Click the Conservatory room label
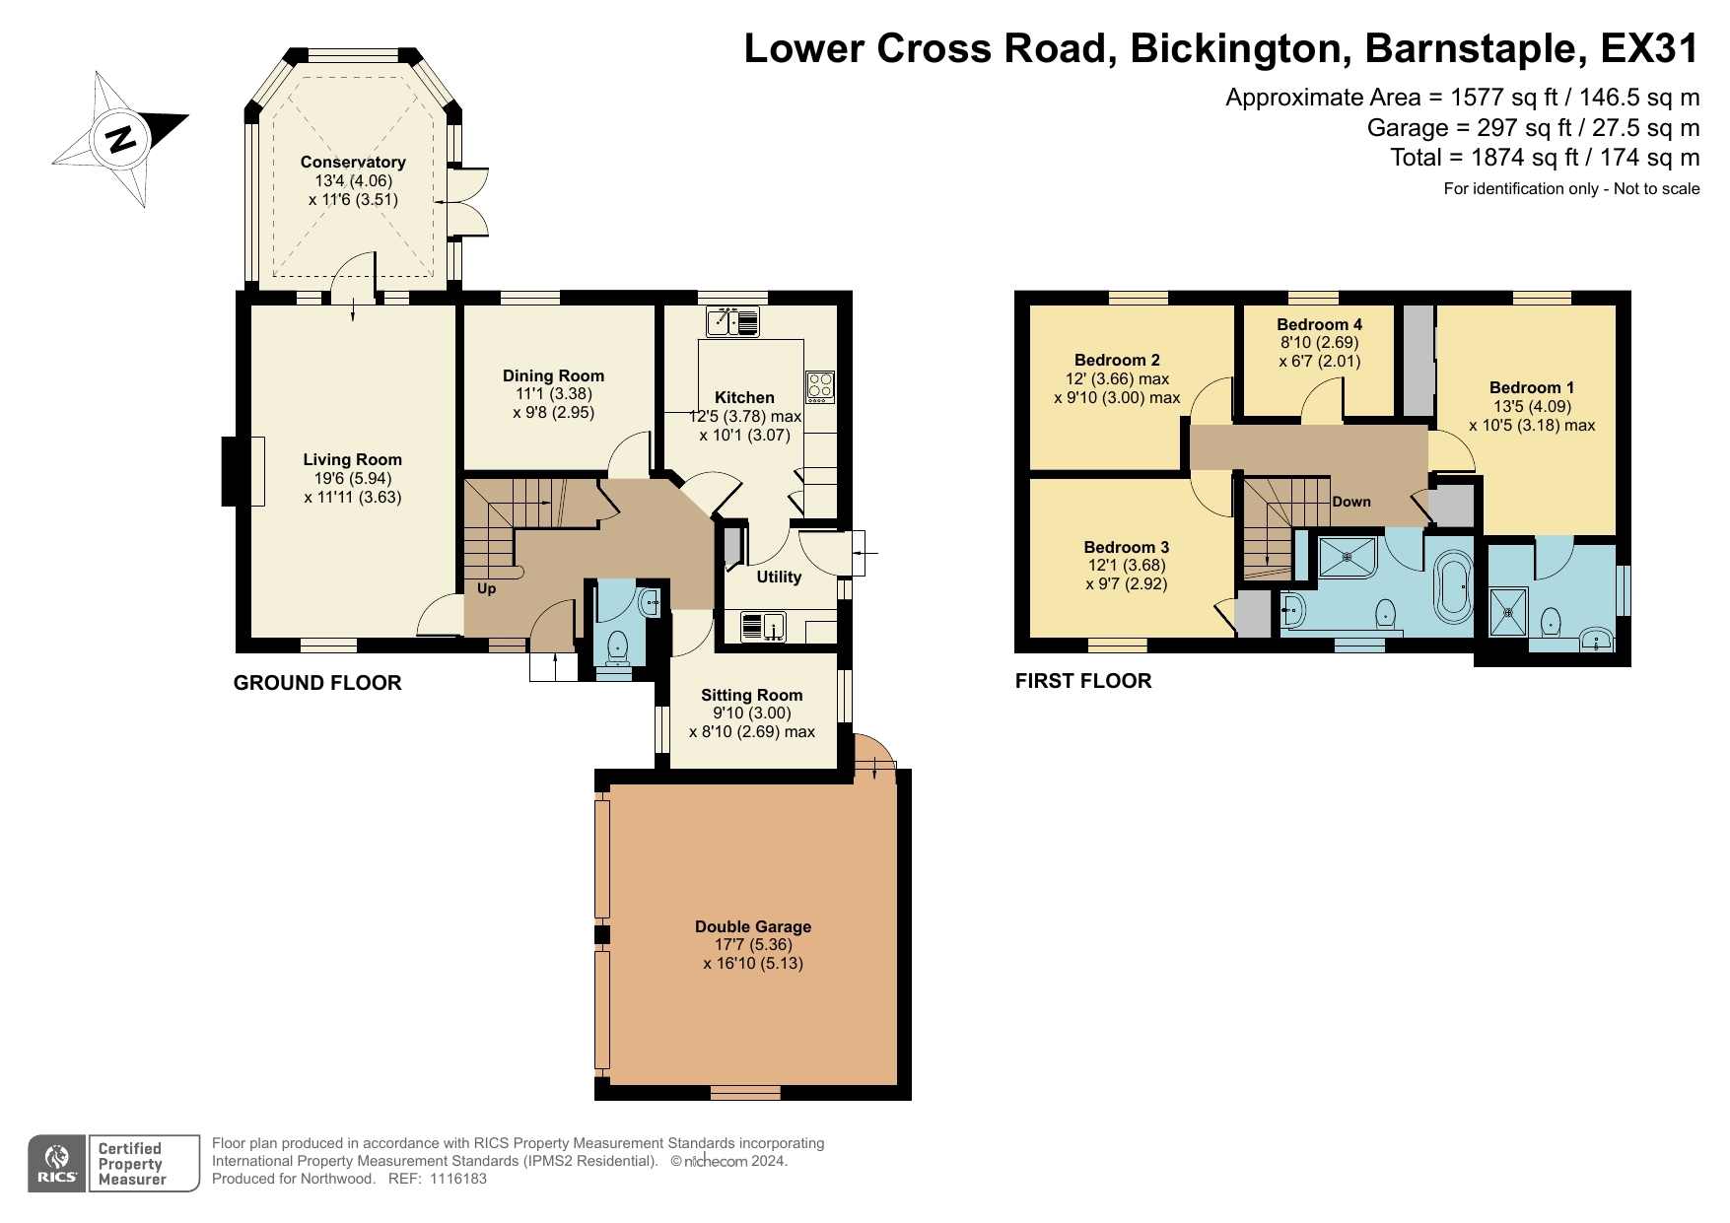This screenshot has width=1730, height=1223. click(x=353, y=162)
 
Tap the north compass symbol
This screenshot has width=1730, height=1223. click(x=120, y=139)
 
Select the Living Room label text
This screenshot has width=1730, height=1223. click(x=352, y=459)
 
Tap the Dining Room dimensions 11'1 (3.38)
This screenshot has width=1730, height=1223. click(x=553, y=394)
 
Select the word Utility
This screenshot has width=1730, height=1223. click(x=779, y=577)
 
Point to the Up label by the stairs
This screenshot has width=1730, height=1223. click(x=486, y=588)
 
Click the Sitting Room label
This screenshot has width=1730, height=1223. click(x=751, y=695)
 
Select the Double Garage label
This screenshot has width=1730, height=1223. click(x=753, y=926)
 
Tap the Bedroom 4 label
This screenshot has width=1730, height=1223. click(x=1319, y=324)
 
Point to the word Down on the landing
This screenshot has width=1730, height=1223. click(x=1350, y=502)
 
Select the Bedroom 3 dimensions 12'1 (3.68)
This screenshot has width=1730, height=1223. click(x=1126, y=566)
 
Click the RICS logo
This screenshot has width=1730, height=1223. click(x=58, y=1164)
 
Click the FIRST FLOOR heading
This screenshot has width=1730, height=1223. click(x=1082, y=681)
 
